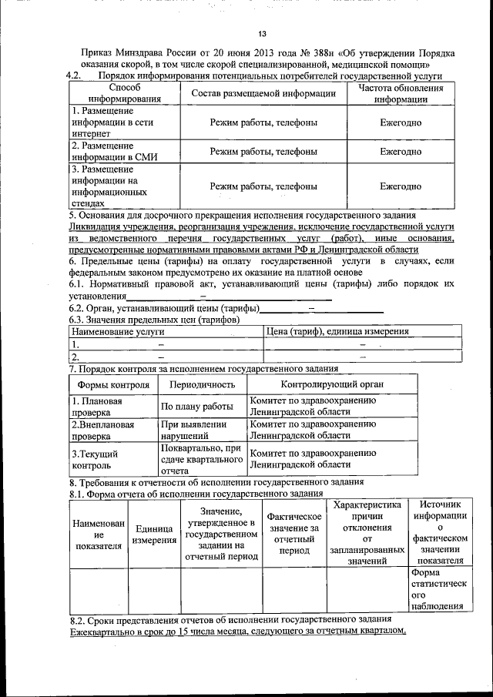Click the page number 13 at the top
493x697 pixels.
[262, 34]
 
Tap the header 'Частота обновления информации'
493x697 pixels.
[401, 94]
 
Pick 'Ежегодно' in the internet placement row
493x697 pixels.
[401, 122]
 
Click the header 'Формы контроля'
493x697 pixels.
[113, 384]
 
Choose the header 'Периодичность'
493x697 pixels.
[202, 384]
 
